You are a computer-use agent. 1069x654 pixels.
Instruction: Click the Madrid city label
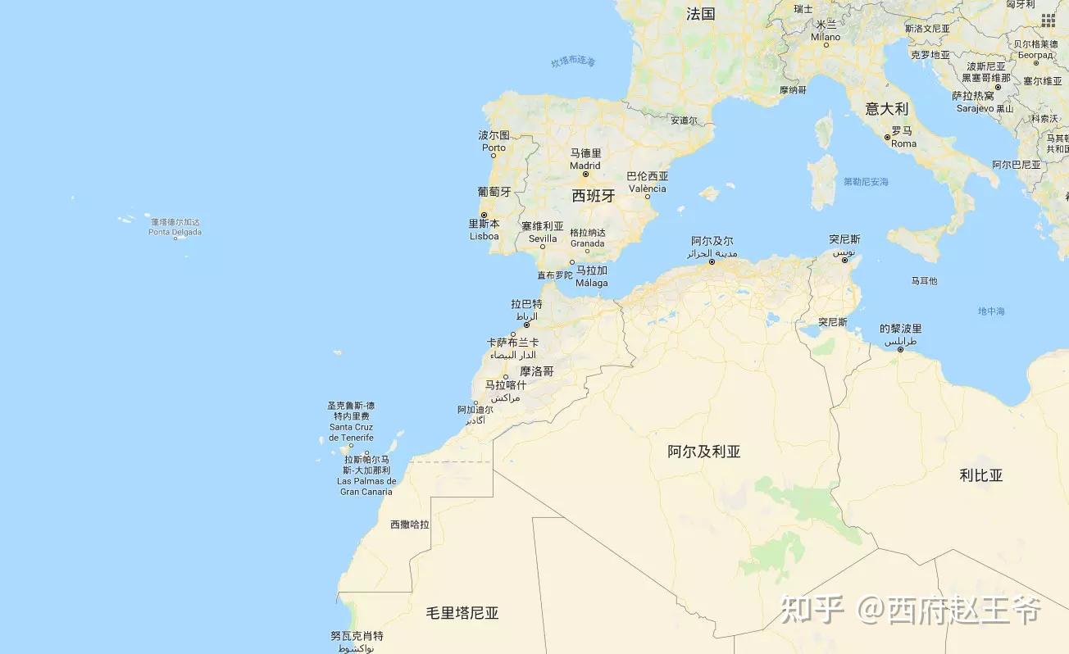(585, 166)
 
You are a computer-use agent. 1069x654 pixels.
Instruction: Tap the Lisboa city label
(484, 236)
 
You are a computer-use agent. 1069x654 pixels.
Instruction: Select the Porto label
(494, 148)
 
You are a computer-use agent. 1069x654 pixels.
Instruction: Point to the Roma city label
(903, 143)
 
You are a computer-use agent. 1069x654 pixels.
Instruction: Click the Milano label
(826, 37)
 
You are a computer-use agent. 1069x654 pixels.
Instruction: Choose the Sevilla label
(543, 238)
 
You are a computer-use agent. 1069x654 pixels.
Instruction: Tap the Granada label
(588, 243)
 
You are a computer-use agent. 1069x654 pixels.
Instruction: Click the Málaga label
(592, 283)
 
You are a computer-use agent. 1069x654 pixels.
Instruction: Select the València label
(648, 188)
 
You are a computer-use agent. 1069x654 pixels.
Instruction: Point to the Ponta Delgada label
(175, 232)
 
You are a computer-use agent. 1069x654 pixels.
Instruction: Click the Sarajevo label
(975, 108)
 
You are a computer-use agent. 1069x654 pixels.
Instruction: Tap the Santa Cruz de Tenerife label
(351, 432)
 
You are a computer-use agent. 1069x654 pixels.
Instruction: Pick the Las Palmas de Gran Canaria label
(366, 486)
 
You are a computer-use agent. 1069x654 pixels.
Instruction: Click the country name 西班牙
(594, 196)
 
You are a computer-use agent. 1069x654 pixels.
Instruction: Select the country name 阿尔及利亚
(704, 452)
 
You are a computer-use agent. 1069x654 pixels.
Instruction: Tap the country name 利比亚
(981, 475)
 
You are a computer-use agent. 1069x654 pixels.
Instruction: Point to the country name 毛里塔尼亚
(462, 613)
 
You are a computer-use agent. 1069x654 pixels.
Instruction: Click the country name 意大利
(887, 108)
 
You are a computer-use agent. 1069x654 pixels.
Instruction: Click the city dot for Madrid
(585, 175)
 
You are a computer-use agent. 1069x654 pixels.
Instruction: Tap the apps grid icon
(1049, 20)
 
